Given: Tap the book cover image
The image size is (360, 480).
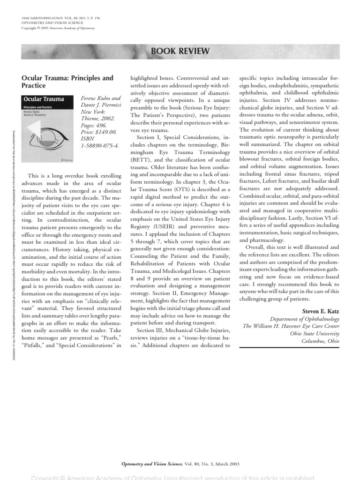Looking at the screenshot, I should (x=50, y=128).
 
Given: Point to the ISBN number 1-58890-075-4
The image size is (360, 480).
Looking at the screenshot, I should (x=100, y=146).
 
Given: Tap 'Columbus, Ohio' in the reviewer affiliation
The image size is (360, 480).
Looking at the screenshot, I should (x=320, y=341).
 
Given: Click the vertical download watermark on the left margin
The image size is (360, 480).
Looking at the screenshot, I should (x=14, y=225).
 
